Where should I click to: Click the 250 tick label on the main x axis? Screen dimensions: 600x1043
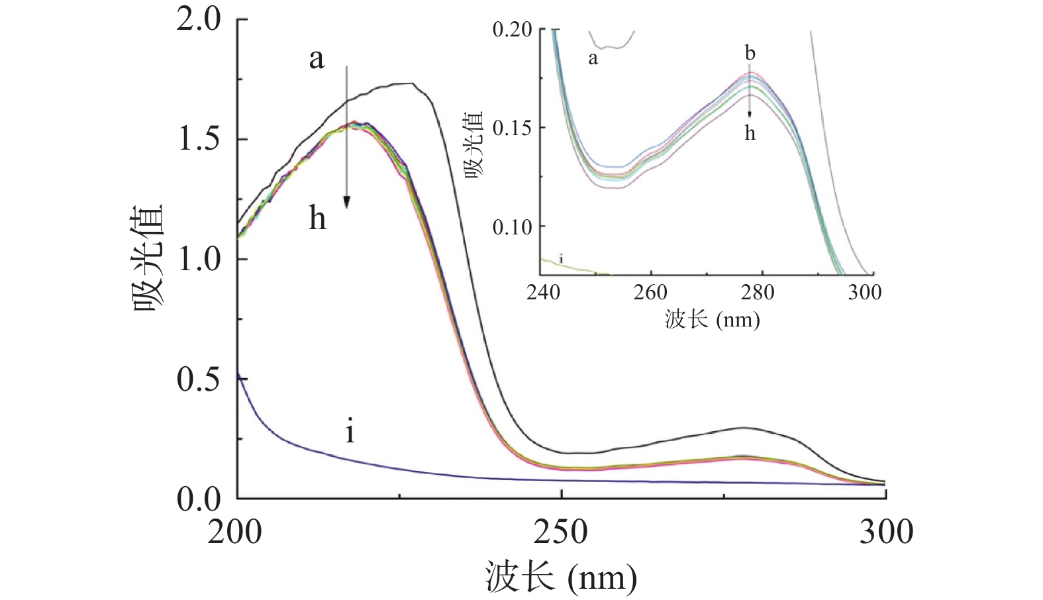coord(561,532)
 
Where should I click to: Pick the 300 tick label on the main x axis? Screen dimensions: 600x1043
coord(886,532)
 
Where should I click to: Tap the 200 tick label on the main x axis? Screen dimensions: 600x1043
coord(234,532)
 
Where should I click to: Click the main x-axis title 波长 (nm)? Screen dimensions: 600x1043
coord(561,577)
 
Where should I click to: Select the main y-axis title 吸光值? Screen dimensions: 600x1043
coord(148,259)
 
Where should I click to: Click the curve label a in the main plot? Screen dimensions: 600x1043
coord(317,58)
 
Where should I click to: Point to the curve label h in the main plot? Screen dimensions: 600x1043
coord(317,217)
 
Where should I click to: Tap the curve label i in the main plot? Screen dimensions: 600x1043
coord(350,432)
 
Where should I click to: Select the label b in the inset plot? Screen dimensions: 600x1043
coord(750,53)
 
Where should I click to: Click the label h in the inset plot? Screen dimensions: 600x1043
coord(750,133)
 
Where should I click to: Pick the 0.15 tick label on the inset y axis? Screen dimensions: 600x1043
coord(512,128)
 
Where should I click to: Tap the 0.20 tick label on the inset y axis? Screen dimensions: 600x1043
coord(512,30)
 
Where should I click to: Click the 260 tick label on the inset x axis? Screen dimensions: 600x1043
coord(650,292)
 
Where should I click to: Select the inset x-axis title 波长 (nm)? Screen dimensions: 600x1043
coord(712,320)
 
